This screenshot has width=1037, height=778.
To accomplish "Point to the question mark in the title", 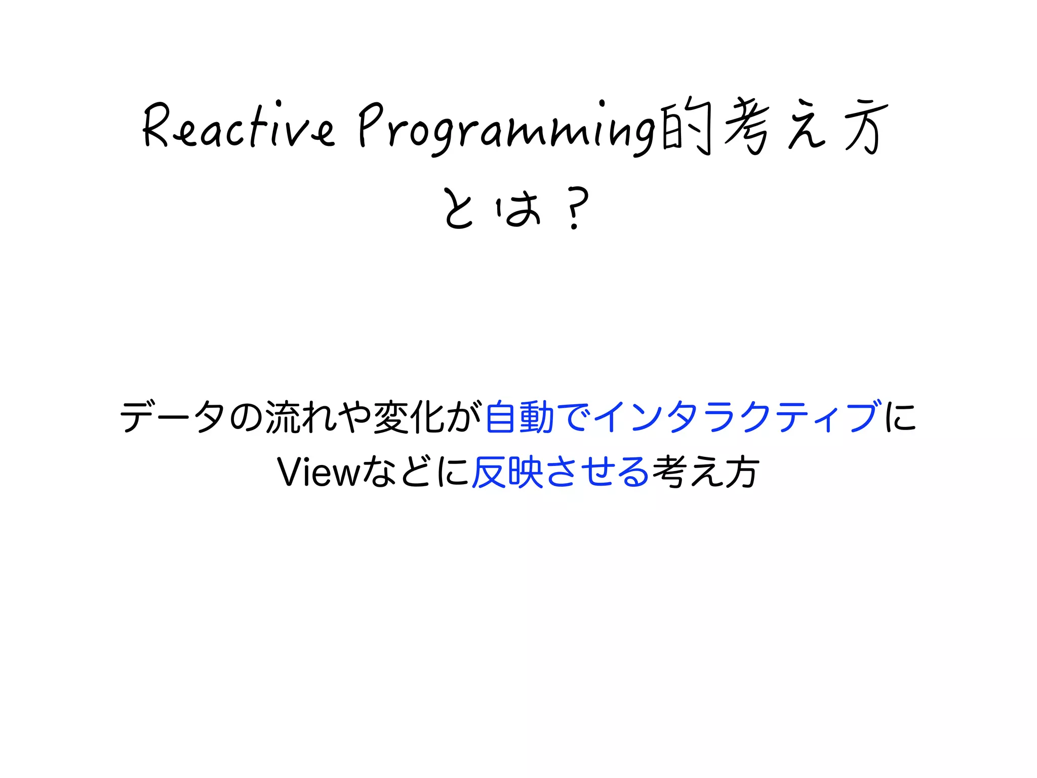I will pyautogui.click(x=576, y=208).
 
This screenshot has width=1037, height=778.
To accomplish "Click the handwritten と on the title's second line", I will pyautogui.click(x=458, y=208).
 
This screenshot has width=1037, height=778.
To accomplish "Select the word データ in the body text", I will pyautogui.click(x=173, y=416).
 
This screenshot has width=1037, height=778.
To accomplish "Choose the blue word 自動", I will pyautogui.click(x=520, y=416).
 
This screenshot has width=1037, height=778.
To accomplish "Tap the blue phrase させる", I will pyautogui.click(x=598, y=472).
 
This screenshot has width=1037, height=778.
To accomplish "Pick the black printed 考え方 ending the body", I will pyautogui.click(x=706, y=472).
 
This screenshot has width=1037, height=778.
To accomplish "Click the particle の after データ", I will pyautogui.click(x=246, y=416).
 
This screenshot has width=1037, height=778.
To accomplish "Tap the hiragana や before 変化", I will pyautogui.click(x=355, y=416).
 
